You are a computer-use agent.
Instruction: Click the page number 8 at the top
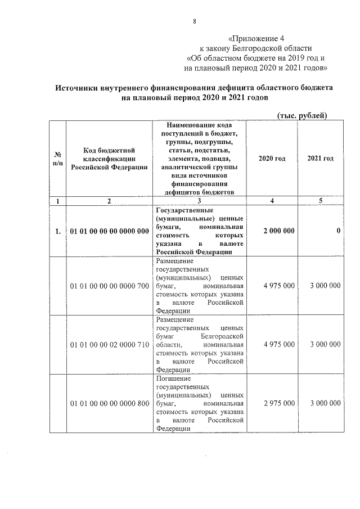coord(194,22)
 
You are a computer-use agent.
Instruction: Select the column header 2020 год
coord(272,159)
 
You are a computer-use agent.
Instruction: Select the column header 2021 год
coord(321,159)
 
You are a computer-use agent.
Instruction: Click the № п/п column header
coord(57,159)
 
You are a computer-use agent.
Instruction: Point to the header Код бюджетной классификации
coord(109,159)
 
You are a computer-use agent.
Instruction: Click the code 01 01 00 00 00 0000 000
coord(109,231)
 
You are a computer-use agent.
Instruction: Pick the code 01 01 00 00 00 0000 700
coord(109,286)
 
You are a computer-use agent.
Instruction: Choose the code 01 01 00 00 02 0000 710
coord(109,344)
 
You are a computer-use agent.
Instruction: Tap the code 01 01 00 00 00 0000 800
coord(109,404)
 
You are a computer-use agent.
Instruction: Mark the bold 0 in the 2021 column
coord(339,231)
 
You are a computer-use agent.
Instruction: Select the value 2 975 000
coord(278,404)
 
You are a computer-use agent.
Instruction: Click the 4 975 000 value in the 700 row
coord(278,286)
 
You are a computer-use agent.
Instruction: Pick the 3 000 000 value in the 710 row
coord(323,344)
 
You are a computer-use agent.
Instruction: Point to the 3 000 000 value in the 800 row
coord(323,404)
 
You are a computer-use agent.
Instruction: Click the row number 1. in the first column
coord(58,231)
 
